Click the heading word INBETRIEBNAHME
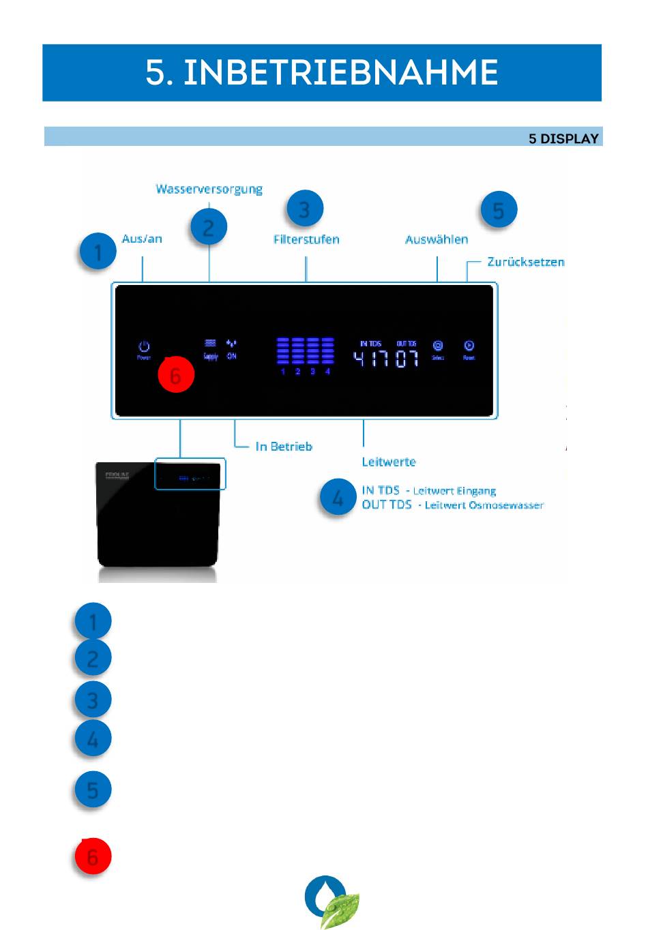coord(340,72)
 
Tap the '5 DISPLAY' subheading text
coord(563,138)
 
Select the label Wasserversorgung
coord(209,189)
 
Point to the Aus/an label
coord(142,239)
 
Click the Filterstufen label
coord(306,239)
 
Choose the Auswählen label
coord(437,239)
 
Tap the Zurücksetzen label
coord(525,262)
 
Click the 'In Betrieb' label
coord(284,447)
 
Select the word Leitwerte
coord(389,462)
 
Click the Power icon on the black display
coord(144,347)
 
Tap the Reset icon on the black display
coord(469,346)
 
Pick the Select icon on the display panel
coord(438,346)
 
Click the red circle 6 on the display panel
coord(176,375)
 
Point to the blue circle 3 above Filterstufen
coord(304,209)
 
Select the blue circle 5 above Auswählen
coord(499,211)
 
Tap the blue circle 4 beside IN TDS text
coord(338,498)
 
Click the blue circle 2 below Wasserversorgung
coord(209,227)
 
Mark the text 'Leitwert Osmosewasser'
coord(484,505)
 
